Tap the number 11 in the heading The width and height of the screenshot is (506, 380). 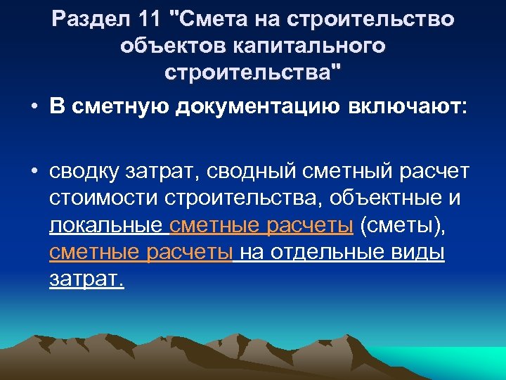pyautogui.click(x=146, y=20)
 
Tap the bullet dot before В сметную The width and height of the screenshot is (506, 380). pyautogui.click(x=34, y=106)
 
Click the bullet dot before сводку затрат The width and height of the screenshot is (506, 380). pyautogui.click(x=34, y=173)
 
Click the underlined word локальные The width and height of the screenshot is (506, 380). pyautogui.click(x=108, y=226)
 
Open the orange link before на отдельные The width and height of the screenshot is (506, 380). pyautogui.click(x=141, y=253)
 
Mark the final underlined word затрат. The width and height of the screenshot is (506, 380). pyautogui.click(x=86, y=279)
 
